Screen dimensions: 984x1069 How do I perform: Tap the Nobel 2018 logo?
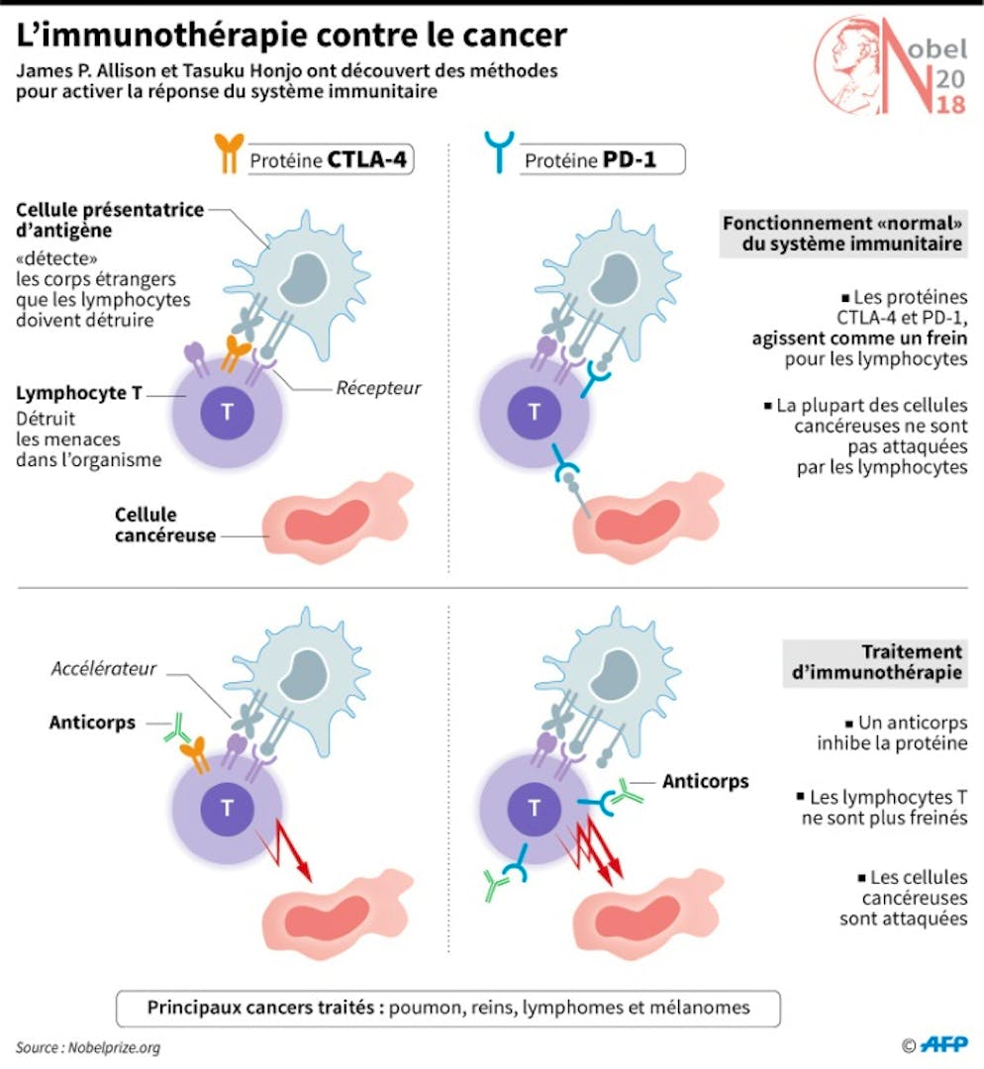[x=891, y=66]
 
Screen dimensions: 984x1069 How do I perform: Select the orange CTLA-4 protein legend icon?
[x=229, y=153]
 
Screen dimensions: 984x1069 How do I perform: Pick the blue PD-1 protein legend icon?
[x=499, y=152]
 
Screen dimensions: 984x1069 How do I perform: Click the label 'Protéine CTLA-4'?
[x=328, y=160]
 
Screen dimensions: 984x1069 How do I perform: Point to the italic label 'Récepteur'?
[x=378, y=388]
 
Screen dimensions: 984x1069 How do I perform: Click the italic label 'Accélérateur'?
[x=104, y=668]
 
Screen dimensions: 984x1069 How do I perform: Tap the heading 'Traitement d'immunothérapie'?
[x=877, y=662]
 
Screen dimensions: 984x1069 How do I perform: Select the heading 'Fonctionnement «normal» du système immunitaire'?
[x=842, y=234]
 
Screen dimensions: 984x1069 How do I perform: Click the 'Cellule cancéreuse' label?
[x=165, y=525]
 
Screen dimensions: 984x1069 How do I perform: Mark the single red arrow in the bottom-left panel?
[x=285, y=850]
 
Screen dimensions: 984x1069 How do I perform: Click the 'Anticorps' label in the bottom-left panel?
[x=92, y=723]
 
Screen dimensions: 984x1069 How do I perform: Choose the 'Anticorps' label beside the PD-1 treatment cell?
[x=705, y=781]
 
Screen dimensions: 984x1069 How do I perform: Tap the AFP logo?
[x=943, y=1044]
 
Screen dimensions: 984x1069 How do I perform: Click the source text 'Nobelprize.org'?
[x=114, y=1048]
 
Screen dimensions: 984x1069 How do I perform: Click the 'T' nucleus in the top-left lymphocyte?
[x=227, y=413]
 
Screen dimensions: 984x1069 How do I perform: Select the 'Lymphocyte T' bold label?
[x=79, y=393]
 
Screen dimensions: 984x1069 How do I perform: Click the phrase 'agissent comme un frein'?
[x=859, y=339]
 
